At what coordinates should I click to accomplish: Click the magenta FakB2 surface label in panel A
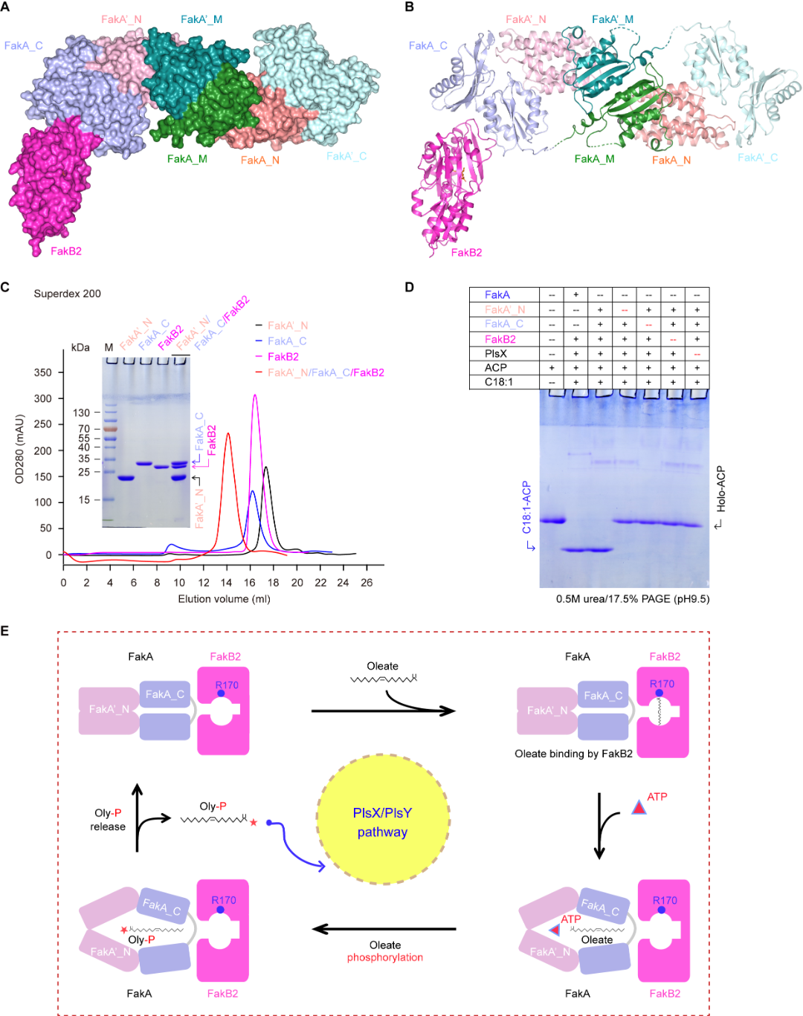(x=66, y=251)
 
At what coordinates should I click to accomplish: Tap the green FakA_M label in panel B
(x=594, y=159)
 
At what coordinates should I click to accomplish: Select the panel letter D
(x=409, y=288)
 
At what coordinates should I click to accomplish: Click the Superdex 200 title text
(x=67, y=294)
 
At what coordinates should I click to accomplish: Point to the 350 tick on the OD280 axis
(x=43, y=372)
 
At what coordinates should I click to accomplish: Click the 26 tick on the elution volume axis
(x=367, y=583)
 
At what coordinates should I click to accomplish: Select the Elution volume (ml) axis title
(x=224, y=599)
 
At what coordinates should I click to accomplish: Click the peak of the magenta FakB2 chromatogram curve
(x=255, y=395)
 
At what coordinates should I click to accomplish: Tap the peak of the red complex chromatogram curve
(x=228, y=434)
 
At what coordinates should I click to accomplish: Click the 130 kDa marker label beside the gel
(x=81, y=412)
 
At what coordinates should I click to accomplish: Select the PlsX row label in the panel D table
(x=496, y=354)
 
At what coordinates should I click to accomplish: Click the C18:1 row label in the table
(x=499, y=382)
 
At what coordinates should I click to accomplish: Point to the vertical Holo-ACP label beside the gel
(x=720, y=489)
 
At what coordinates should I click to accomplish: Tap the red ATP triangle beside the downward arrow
(x=638, y=807)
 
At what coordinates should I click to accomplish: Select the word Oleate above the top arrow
(x=382, y=666)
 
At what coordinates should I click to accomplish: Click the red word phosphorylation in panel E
(x=384, y=957)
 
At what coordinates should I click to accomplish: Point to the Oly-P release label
(x=108, y=820)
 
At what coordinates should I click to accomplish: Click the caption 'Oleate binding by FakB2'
(x=573, y=754)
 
